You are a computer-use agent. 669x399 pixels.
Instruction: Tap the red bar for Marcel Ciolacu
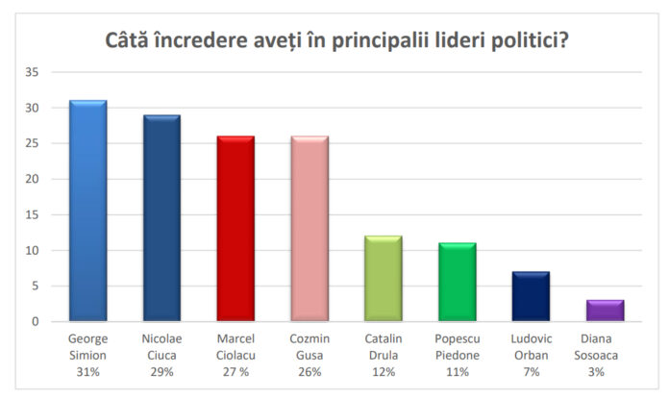pos(235,228)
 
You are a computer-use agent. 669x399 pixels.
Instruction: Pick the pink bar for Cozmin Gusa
pos(310,228)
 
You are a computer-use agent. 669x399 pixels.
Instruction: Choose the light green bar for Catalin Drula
pos(384,278)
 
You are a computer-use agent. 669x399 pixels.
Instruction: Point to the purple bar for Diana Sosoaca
pos(606,310)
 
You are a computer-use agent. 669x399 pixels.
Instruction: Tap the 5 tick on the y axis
pos(35,286)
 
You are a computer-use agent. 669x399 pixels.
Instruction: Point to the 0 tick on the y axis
pos(35,321)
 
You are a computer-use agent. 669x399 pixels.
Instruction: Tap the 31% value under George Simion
pos(87,371)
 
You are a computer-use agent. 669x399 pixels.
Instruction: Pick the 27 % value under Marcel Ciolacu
pos(235,371)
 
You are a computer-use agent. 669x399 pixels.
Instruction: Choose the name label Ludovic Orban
pos(532,347)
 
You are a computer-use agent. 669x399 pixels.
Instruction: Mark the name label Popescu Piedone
pos(458,347)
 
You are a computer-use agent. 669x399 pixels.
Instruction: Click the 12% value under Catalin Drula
pos(384,371)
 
